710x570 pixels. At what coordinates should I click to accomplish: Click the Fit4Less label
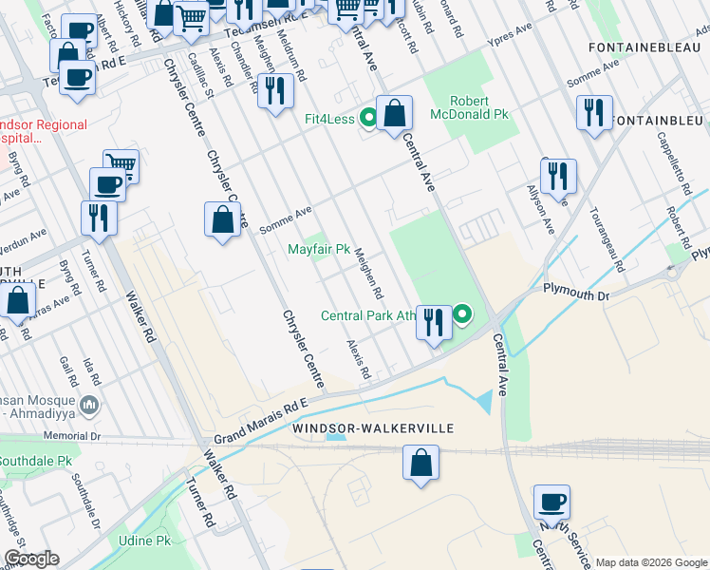pos(328,120)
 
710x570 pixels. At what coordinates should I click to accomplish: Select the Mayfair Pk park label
pos(319,250)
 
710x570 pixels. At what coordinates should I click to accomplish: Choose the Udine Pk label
pos(144,541)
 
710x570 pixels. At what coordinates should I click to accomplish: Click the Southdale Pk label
pos(36,461)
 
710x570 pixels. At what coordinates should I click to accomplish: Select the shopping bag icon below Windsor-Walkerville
pos(420,464)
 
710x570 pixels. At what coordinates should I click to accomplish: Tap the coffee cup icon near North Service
pos(551,501)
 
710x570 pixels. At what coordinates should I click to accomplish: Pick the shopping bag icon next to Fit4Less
pos(394,113)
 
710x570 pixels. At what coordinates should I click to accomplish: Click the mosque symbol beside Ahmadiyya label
pos(90,406)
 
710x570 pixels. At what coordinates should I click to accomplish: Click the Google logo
pos(32,560)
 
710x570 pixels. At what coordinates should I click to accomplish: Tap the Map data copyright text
pos(651,562)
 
